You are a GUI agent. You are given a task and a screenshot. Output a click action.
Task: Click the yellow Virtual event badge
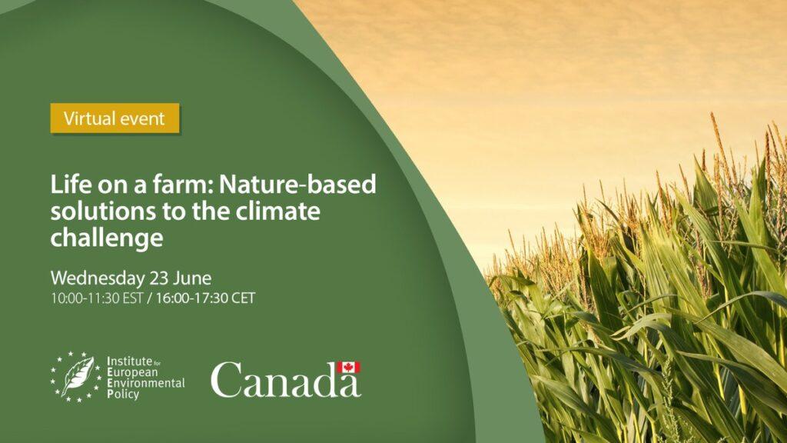click(115, 118)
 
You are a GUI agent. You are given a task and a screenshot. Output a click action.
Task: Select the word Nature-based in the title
click(297, 185)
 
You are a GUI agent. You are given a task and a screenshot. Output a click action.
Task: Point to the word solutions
click(102, 211)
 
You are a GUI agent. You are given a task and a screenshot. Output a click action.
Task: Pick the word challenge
click(107, 238)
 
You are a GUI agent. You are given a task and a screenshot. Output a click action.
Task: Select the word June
click(192, 278)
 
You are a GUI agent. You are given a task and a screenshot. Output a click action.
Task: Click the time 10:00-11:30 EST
click(97, 298)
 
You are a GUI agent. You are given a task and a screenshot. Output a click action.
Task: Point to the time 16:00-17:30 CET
click(205, 298)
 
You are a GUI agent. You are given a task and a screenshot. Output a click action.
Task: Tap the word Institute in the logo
click(129, 361)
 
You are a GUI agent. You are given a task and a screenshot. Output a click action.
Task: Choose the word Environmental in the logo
click(146, 383)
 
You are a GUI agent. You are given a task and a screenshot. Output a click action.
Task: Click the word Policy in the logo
click(123, 395)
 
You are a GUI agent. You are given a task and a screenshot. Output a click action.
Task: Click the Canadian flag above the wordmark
click(348, 367)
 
